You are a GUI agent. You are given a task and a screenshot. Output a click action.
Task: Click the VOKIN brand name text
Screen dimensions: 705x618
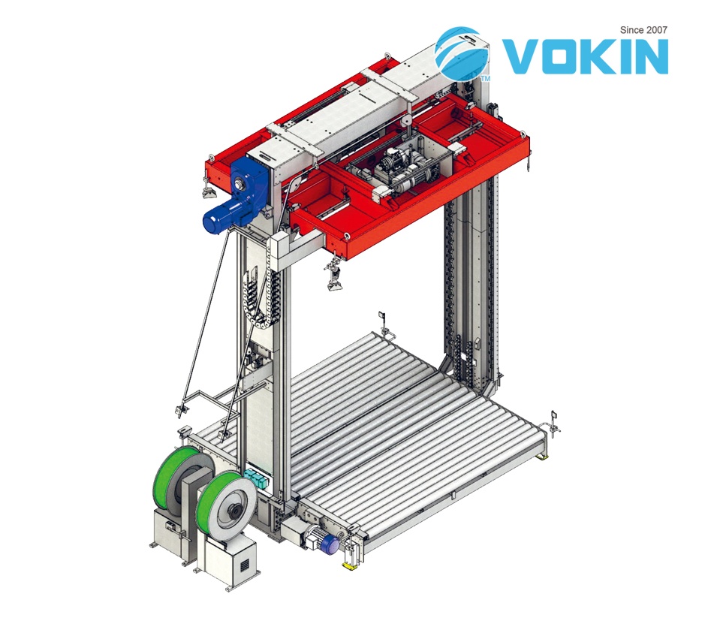pyautogui.click(x=585, y=56)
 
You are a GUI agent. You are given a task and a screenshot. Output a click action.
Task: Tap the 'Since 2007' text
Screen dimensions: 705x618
pyautogui.click(x=643, y=30)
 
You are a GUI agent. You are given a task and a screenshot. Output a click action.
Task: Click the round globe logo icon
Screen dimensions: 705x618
pyautogui.click(x=462, y=53)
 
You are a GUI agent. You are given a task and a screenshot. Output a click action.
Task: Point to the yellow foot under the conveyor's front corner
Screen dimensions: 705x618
pyautogui.click(x=349, y=565)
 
